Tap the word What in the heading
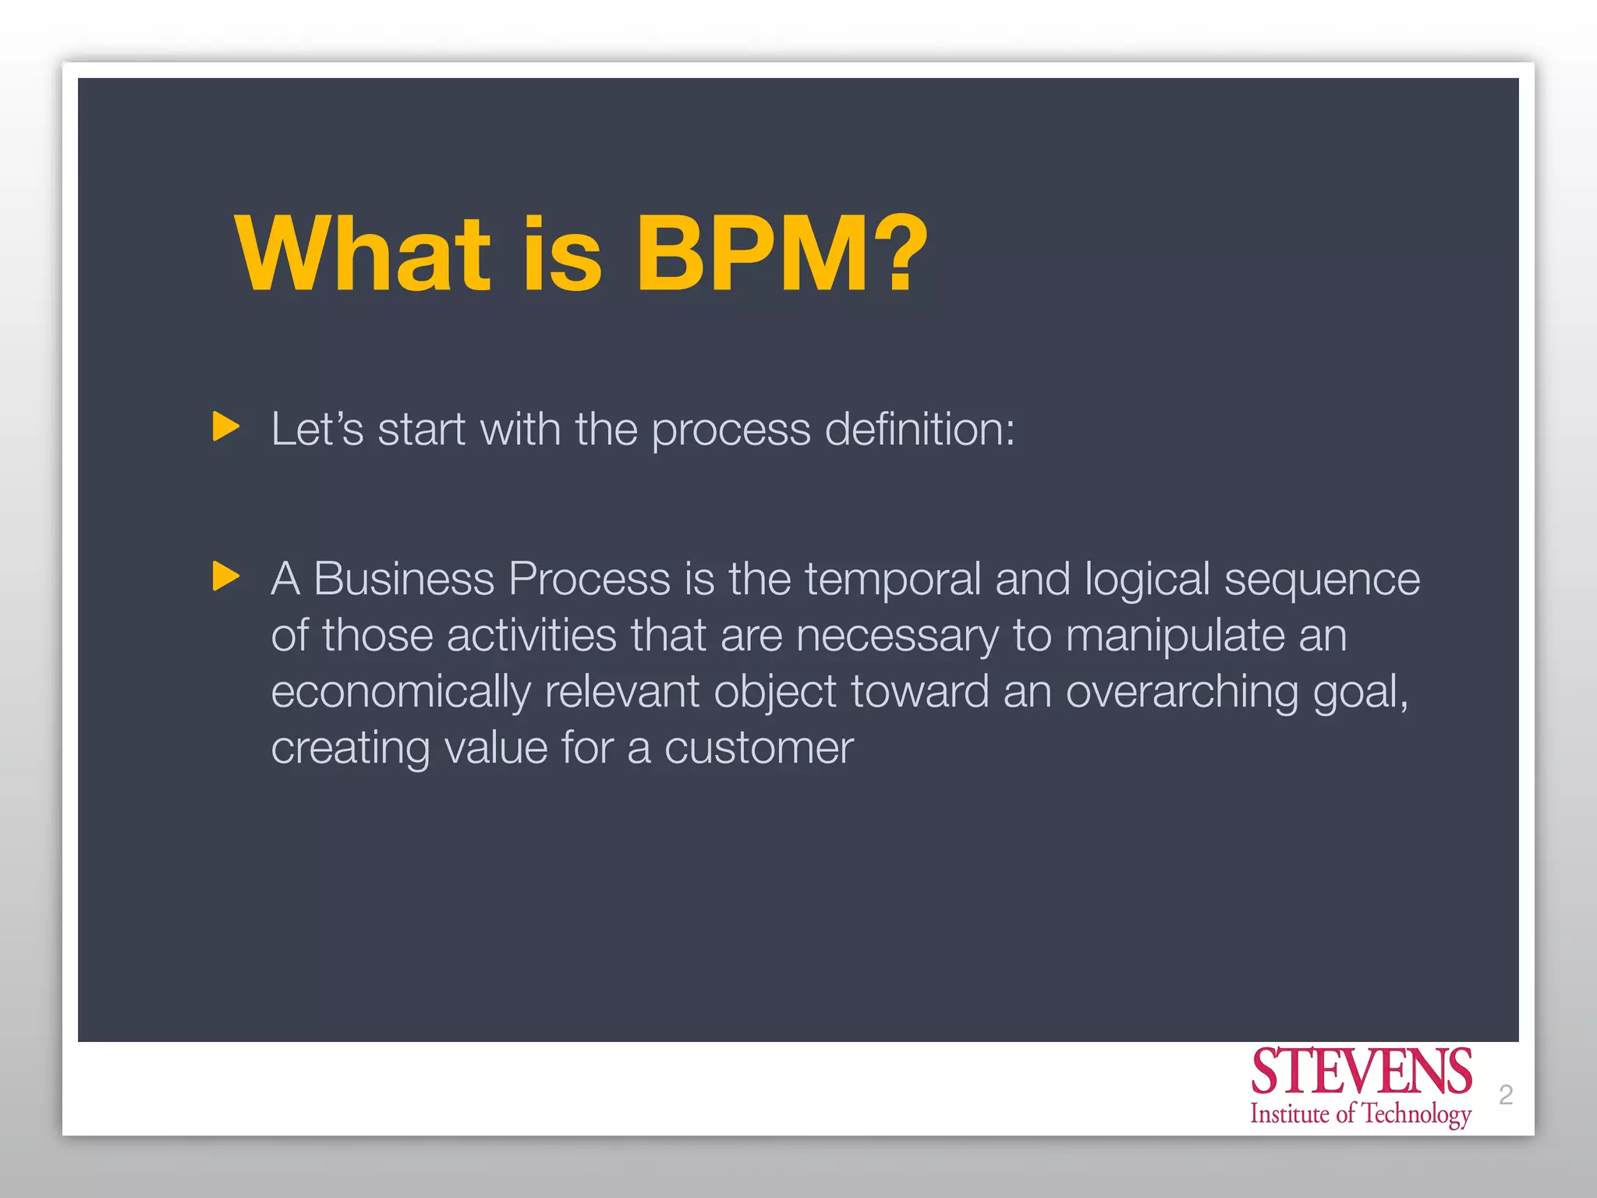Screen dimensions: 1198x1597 (x=363, y=254)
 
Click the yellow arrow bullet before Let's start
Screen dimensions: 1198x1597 (x=225, y=427)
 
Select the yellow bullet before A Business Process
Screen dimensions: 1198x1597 (x=225, y=576)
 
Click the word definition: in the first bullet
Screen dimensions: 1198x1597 (x=919, y=429)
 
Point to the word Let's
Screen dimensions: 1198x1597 (x=317, y=429)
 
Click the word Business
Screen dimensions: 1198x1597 (x=404, y=580)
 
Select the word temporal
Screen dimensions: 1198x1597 (x=892, y=580)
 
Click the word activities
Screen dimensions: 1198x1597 (x=532, y=635)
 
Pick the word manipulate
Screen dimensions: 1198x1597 (x=1174, y=636)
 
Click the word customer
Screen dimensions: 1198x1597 (x=759, y=749)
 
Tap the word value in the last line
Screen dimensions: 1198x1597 (x=495, y=749)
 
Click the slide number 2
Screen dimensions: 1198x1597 (x=1506, y=1095)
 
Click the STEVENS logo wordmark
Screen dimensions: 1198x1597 (x=1361, y=1072)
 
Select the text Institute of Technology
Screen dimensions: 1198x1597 (x=1361, y=1114)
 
